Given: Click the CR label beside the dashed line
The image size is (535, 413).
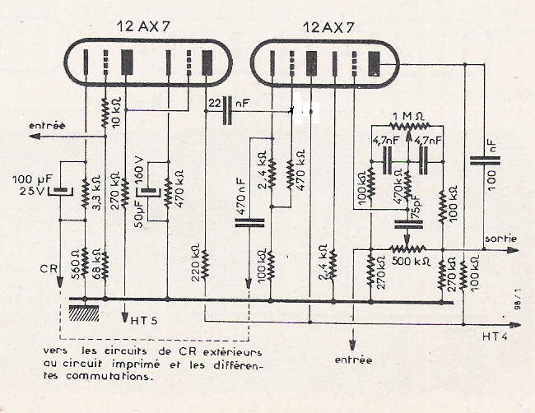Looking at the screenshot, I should point(48,268).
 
